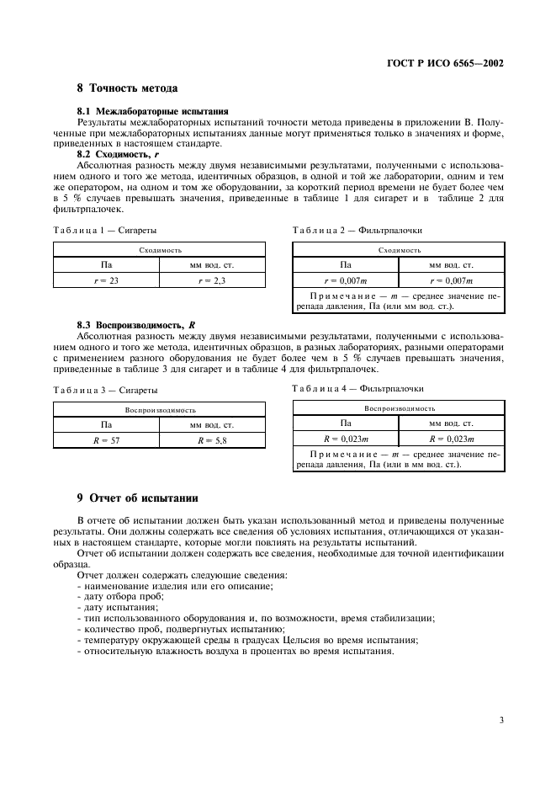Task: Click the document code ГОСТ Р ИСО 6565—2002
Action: point(449,62)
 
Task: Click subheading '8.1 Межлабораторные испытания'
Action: point(153,111)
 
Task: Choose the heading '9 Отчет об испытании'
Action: point(131,497)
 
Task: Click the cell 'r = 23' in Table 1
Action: point(106,280)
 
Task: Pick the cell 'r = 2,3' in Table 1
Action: point(212,280)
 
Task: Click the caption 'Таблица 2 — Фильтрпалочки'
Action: point(357,230)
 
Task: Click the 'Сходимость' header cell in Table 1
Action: point(159,250)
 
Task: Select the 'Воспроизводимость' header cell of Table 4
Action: point(398,408)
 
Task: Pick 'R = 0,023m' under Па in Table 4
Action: point(347,439)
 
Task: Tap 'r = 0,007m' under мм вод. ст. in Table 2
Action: point(452,280)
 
